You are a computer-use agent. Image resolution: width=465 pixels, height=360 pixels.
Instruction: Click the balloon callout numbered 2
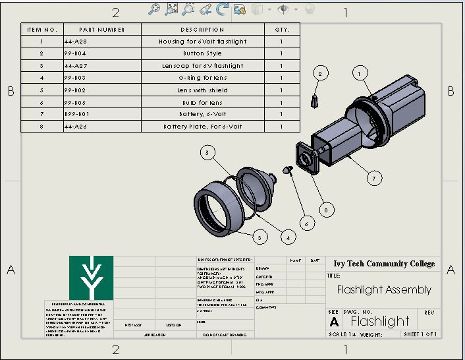[x=319, y=73]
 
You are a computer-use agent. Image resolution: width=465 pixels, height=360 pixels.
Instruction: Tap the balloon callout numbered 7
[x=373, y=178]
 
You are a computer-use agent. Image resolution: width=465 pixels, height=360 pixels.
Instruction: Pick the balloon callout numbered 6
[x=305, y=224]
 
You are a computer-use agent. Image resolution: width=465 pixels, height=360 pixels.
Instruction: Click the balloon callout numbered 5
[x=207, y=154]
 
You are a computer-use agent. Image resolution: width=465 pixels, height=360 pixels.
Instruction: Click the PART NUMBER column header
[x=102, y=30]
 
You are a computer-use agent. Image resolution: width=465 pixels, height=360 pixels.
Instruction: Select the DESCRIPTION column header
[x=202, y=30]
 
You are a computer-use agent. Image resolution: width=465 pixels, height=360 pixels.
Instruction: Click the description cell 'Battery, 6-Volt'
[x=202, y=114]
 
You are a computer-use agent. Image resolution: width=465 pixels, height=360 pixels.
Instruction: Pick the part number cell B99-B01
[x=78, y=114]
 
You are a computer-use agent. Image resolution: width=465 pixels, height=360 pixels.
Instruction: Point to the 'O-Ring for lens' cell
[x=202, y=78]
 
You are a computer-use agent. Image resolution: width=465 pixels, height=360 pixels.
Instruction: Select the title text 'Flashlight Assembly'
[x=384, y=289]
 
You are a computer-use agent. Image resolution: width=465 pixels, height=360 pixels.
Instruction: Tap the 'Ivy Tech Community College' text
[x=384, y=264]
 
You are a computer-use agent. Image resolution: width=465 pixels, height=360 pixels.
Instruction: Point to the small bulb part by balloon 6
[x=288, y=169]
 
